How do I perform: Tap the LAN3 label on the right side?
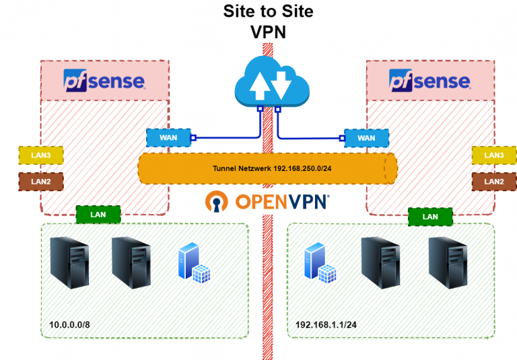click(494, 155)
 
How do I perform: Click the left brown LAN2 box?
click(40, 181)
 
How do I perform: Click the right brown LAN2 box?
click(494, 181)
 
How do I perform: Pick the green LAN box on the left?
click(98, 215)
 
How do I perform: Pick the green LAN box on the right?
click(430, 217)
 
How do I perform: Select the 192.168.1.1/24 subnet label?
click(326, 326)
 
